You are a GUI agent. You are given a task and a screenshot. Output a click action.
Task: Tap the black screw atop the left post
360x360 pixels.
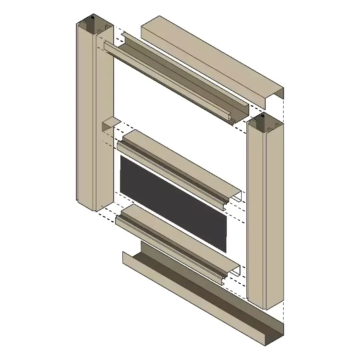pos(92,18)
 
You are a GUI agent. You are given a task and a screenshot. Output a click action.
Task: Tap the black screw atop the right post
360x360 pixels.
pos(262,116)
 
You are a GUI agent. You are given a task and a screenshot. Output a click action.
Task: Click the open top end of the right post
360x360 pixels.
pos(266,124)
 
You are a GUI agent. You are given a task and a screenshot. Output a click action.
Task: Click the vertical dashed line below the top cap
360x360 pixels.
pos(284,110)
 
